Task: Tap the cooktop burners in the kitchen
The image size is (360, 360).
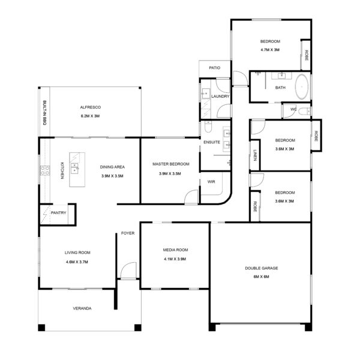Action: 45,170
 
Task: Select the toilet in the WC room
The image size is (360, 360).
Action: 304,112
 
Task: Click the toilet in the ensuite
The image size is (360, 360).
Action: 208,127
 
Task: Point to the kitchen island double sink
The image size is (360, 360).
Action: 74,168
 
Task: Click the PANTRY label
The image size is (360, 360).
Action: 59,213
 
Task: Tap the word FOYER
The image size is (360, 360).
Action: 128,233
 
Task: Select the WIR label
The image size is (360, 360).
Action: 211,182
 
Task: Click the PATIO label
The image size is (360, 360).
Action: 215,68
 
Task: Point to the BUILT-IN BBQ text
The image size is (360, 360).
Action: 45,113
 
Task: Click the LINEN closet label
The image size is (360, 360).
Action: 255,155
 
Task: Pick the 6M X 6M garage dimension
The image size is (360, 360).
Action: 261,277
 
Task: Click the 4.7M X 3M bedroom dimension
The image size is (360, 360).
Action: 270,50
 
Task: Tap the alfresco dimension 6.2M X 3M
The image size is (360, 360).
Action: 90,116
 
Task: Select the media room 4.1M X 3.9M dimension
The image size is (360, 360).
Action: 175,259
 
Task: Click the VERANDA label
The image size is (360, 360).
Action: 82,308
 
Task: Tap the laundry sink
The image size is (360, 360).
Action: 206,94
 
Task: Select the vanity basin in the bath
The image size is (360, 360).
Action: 282,76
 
